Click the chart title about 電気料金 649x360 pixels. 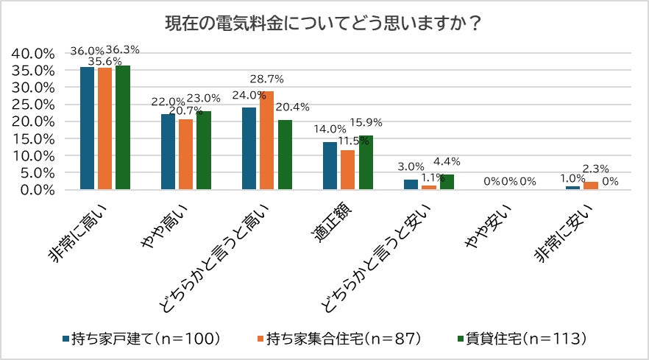[324, 24]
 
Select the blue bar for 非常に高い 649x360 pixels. [88, 128]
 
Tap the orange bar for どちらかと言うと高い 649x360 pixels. [266, 141]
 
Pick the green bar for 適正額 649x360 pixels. [366, 163]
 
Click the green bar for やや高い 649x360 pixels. [203, 150]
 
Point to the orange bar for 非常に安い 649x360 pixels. [590, 186]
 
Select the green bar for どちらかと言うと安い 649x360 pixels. [447, 182]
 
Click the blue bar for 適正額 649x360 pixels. [330, 166]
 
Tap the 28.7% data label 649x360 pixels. [267, 78]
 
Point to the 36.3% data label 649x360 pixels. [123, 49]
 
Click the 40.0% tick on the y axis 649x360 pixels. [33, 54]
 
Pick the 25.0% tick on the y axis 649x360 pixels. [33, 105]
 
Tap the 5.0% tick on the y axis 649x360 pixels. [36, 173]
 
